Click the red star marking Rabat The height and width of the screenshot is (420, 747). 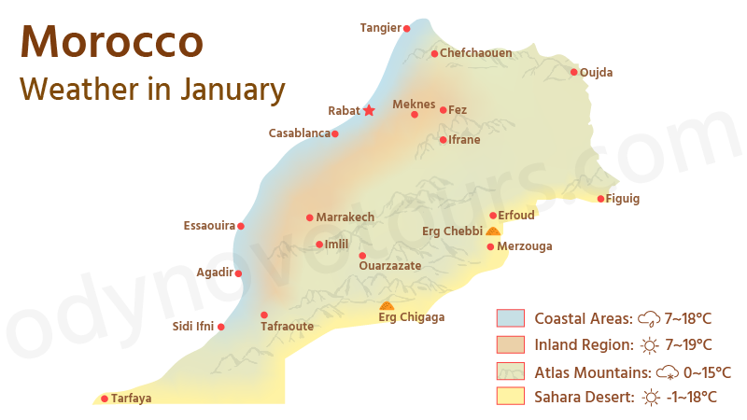[x=369, y=110]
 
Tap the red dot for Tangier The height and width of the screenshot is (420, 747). [x=406, y=29]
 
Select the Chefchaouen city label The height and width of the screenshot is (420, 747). [x=475, y=53]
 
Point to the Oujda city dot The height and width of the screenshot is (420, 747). [x=573, y=72]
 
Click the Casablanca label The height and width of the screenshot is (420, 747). [x=299, y=133]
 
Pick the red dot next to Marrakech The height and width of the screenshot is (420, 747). [x=310, y=217]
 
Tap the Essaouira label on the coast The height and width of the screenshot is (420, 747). [x=209, y=226]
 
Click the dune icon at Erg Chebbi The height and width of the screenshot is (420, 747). [x=492, y=231]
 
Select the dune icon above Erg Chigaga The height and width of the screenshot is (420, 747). [x=387, y=305]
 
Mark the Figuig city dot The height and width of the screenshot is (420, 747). [x=600, y=198]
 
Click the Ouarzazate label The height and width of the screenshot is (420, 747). [x=389, y=266]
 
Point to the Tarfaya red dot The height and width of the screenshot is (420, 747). [x=105, y=399]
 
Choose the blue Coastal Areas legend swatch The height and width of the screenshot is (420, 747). [x=510, y=318]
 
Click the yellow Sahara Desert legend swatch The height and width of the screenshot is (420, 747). [x=510, y=397]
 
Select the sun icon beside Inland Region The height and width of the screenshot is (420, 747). [x=650, y=345]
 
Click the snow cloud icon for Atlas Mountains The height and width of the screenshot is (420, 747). [x=668, y=371]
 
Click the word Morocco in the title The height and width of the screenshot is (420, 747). [x=111, y=42]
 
